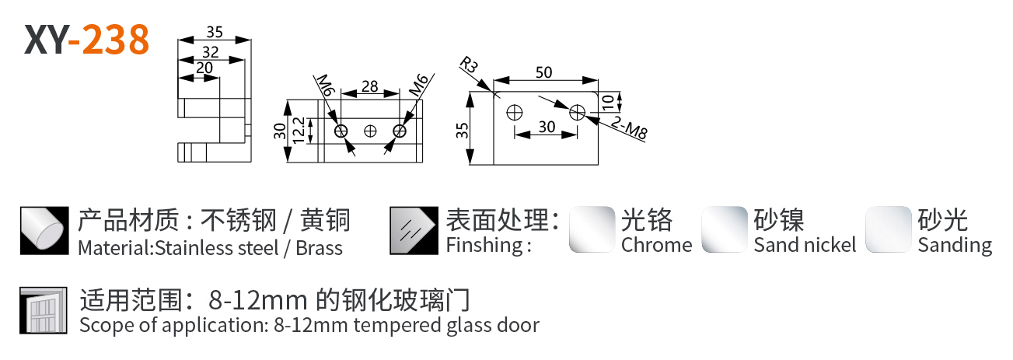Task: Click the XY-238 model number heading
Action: pos(86,40)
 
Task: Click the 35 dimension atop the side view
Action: pos(215,33)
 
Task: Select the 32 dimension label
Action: pos(210,52)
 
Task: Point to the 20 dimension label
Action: pos(204,68)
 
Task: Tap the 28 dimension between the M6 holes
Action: pos(370,86)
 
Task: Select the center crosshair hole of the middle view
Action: pos(371,131)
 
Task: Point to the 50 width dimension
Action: pos(543,72)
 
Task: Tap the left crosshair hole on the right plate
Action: pos(512,113)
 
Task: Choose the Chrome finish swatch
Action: pos(592,229)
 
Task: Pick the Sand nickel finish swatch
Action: pos(725,229)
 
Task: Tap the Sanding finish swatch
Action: pos(889,229)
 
